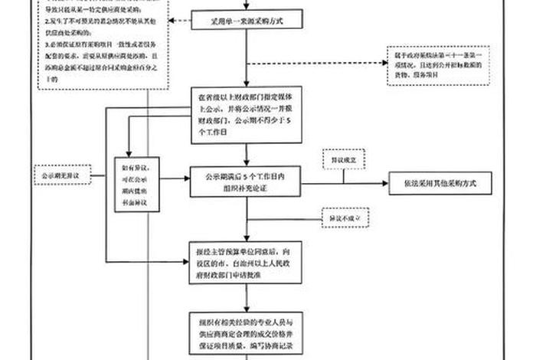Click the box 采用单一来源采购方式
243,21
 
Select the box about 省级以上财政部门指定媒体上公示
243,115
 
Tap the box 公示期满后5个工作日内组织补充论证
243,180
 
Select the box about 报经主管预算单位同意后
243,263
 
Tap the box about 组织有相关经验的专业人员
243,334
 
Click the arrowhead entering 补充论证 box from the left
187,179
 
